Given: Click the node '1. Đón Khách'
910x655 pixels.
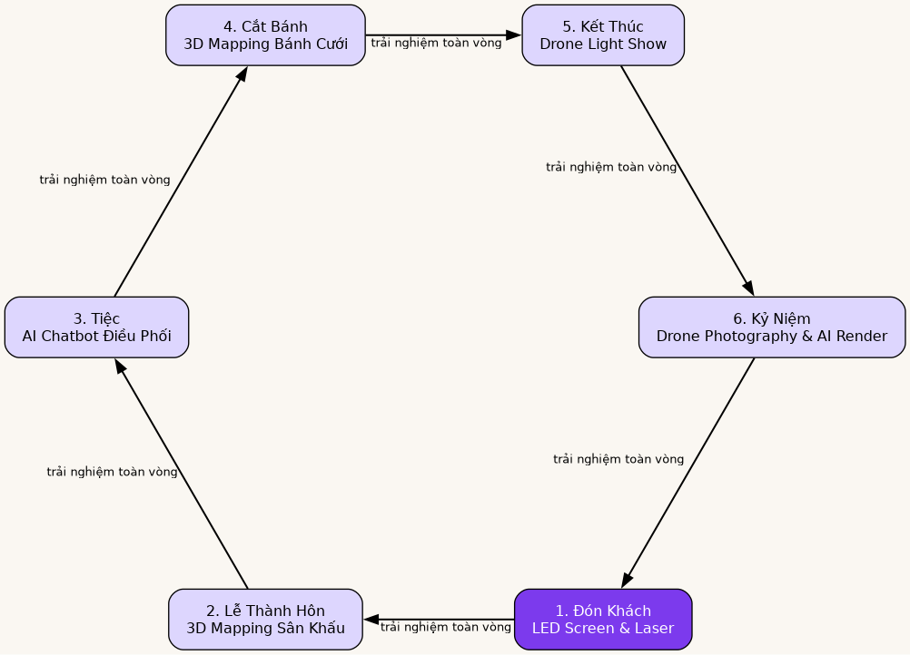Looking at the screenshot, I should point(603,620).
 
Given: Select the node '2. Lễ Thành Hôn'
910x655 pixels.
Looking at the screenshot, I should point(265,620).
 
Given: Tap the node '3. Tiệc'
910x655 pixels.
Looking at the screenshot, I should point(96,327).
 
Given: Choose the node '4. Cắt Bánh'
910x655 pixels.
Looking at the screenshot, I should point(265,35).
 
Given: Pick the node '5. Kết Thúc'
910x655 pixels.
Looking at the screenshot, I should point(603,35).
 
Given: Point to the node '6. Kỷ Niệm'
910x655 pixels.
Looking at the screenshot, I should point(772,327).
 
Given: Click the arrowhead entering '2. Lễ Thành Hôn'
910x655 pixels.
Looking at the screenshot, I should point(371,620).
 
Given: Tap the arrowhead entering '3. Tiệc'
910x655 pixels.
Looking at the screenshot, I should point(119,366).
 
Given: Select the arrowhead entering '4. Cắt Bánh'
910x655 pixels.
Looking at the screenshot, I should point(242,73).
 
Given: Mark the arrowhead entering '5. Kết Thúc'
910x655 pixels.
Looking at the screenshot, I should point(514,35).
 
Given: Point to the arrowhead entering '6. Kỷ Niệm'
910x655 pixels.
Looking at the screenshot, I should point(749,289).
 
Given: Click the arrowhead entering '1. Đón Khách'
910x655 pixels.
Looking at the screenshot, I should point(626,582).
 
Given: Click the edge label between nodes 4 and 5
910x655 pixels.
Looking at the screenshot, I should point(436,43).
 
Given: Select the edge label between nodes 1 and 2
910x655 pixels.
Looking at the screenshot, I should point(445,627).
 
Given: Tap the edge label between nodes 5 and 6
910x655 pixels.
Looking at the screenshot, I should point(610,167).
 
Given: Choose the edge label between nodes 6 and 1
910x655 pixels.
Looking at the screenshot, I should point(618,459).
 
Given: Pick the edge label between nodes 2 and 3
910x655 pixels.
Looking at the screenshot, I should point(112,472).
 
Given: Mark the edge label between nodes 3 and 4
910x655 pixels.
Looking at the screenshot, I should point(104,180).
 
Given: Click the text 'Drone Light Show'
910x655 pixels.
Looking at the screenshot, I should point(603,44).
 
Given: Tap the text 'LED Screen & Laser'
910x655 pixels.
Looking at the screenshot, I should point(603,629).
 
